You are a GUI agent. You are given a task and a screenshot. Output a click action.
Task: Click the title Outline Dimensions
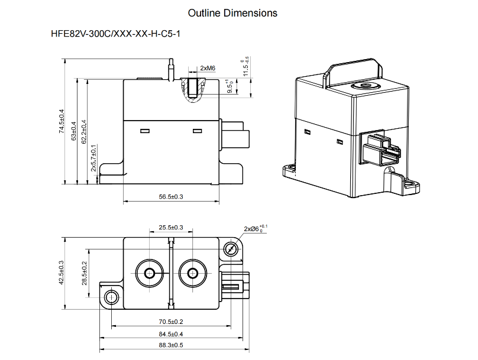(232, 13)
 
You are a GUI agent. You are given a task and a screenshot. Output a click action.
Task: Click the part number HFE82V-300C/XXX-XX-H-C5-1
(116, 34)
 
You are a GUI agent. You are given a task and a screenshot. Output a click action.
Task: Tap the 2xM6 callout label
(208, 69)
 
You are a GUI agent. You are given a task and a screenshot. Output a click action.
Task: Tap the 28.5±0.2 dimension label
(84, 273)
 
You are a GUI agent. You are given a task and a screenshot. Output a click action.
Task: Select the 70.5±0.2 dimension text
(171, 322)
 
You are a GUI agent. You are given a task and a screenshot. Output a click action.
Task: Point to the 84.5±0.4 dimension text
(171, 334)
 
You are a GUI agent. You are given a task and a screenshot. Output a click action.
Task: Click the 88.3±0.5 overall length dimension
(171, 345)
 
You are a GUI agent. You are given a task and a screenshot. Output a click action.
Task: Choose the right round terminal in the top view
(192, 273)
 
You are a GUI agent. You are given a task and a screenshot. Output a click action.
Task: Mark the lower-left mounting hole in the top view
(111, 296)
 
